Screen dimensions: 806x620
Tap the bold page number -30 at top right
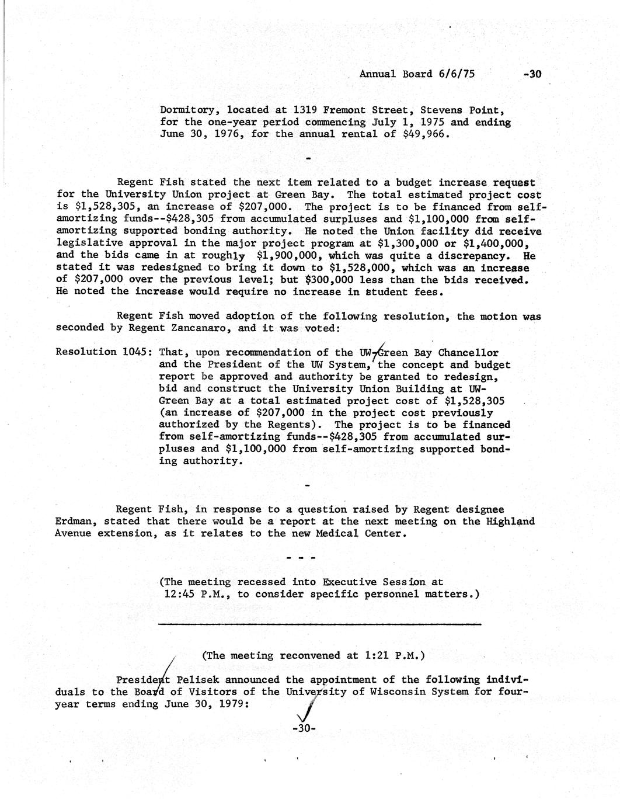[533, 74]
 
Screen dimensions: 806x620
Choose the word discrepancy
[479, 256]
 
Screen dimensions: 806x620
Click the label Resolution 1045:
[105, 352]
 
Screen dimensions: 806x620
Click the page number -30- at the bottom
[304, 729]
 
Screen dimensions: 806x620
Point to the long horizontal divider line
[319, 625]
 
